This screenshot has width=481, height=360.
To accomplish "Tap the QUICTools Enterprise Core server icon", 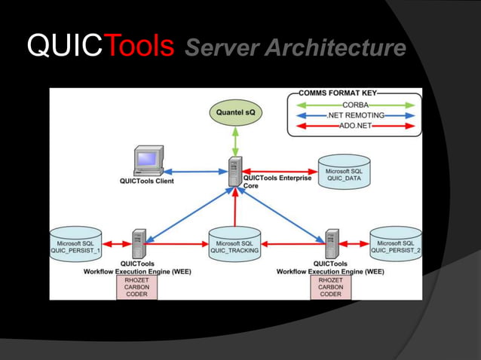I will [236, 172].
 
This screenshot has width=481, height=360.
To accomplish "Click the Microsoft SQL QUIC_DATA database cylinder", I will [344, 172].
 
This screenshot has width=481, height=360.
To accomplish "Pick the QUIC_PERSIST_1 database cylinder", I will [75, 243].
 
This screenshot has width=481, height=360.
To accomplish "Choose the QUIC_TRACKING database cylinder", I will [234, 243].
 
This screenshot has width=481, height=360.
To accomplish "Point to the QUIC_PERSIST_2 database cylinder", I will [396, 243].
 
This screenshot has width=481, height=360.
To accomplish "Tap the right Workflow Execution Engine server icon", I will [331, 243].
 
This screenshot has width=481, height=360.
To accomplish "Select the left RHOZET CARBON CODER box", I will [137, 287].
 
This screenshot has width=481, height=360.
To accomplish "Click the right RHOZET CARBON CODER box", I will [330, 287].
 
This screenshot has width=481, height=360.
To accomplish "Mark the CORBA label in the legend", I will [355, 105].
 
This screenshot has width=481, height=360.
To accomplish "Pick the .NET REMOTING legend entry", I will [355, 115].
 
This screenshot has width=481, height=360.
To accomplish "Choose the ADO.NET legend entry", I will [355, 126].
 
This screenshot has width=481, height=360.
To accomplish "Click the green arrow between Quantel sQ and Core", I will [235, 142].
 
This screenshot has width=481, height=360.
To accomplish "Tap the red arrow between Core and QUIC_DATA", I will [280, 172].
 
